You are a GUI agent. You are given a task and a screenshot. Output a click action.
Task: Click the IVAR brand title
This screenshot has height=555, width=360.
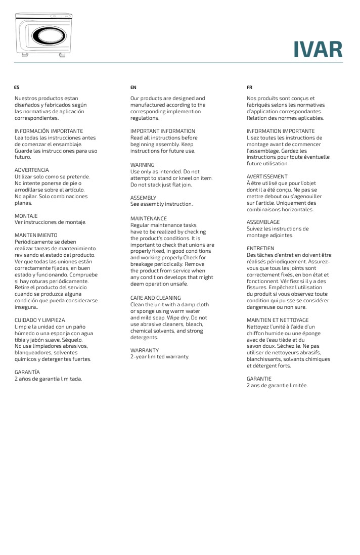click(318, 50)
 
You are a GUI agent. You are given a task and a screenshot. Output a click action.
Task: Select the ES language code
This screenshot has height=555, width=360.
click(17, 87)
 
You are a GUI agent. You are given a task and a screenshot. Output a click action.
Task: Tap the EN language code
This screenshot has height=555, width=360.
click(133, 87)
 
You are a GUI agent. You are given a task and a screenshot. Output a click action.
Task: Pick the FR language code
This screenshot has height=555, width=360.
click(249, 87)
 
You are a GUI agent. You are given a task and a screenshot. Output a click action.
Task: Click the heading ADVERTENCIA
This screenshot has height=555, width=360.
click(32, 170)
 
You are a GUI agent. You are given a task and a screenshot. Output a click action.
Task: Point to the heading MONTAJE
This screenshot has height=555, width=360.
click(26, 216)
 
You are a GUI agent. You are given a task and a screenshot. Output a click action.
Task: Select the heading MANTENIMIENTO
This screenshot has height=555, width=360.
click(36, 235)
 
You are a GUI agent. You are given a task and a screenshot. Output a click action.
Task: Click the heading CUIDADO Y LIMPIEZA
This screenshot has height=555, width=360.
click(40, 320)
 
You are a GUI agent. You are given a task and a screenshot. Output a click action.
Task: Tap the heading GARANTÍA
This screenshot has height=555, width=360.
click(27, 372)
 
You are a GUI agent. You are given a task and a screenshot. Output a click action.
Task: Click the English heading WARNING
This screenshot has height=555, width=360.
click(143, 165)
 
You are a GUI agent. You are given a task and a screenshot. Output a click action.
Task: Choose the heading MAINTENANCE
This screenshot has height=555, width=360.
click(149, 218)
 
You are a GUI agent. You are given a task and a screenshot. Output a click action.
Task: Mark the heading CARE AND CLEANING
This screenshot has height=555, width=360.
click(156, 298)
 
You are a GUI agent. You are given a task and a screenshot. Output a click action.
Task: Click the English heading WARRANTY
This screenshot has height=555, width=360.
click(145, 350)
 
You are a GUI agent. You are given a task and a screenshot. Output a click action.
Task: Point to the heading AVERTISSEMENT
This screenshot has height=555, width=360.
click(267, 176)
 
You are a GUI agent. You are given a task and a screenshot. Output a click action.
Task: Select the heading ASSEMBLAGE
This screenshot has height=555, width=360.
click(263, 222)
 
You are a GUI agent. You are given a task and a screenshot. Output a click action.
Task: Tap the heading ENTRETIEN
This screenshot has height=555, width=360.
click(260, 248)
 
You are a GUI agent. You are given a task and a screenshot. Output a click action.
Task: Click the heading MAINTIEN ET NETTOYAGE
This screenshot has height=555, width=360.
click(277, 320)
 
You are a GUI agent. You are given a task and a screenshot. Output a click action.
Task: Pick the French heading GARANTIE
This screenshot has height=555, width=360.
click(259, 379)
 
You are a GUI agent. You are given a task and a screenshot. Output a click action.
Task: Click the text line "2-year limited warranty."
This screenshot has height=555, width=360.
click(160, 356)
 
